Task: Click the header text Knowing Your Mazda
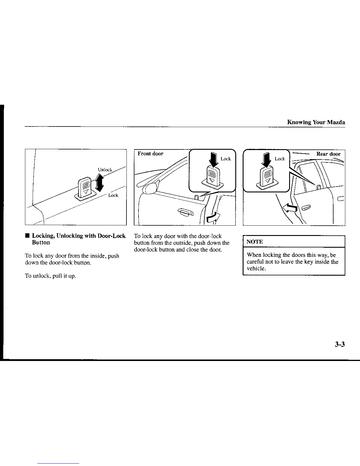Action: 316,122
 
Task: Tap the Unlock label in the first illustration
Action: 105,170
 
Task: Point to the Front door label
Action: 150,154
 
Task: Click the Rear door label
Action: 328,154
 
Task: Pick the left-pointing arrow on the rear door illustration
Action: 289,209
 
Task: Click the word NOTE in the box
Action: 255,242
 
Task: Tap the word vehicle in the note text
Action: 256,269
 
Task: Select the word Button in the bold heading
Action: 41,243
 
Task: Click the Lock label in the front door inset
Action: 226,159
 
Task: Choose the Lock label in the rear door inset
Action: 280,159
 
